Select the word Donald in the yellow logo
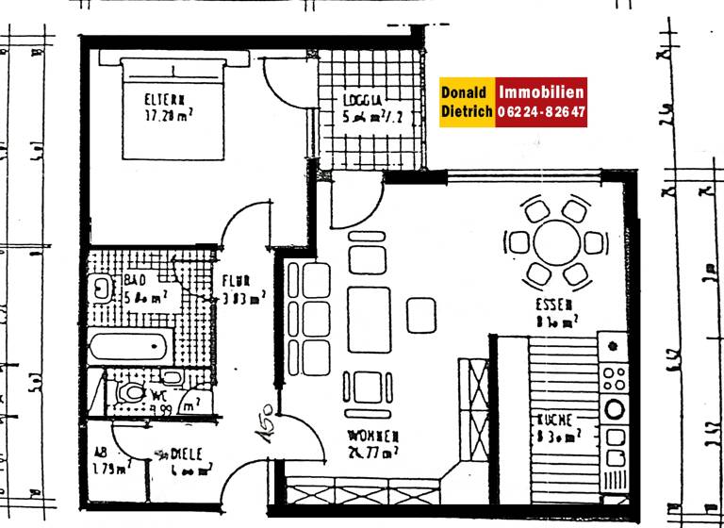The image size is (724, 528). click(x=465, y=92)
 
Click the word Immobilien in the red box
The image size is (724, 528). click(x=541, y=92)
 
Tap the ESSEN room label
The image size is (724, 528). click(x=552, y=305)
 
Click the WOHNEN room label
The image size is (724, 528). click(x=372, y=437)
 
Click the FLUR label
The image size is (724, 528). click(x=236, y=280)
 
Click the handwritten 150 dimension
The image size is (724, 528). click(x=263, y=423)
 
